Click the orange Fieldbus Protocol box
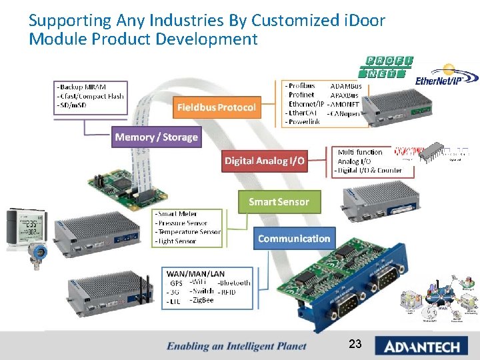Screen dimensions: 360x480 coord(216,107)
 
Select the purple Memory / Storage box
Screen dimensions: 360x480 coord(156,137)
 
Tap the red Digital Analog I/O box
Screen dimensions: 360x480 coord(265,161)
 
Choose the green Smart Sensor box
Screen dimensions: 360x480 coord(279,201)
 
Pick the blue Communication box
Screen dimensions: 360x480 coord(294,239)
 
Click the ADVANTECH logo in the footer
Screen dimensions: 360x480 coord(421,345)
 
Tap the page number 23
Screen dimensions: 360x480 coord(355,344)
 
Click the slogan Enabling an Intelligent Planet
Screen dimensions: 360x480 coord(237,345)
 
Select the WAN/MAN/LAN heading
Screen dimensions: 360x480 coord(195,273)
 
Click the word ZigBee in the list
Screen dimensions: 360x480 coord(201,300)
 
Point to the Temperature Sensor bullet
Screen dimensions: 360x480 coord(188,232)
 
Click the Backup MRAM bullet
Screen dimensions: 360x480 coord(83,87)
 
